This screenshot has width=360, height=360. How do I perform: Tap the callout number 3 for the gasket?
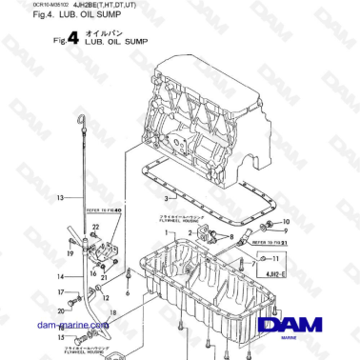point(166,198)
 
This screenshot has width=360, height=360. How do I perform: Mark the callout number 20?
point(62,310)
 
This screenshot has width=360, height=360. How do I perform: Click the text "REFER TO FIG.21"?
point(272,244)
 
